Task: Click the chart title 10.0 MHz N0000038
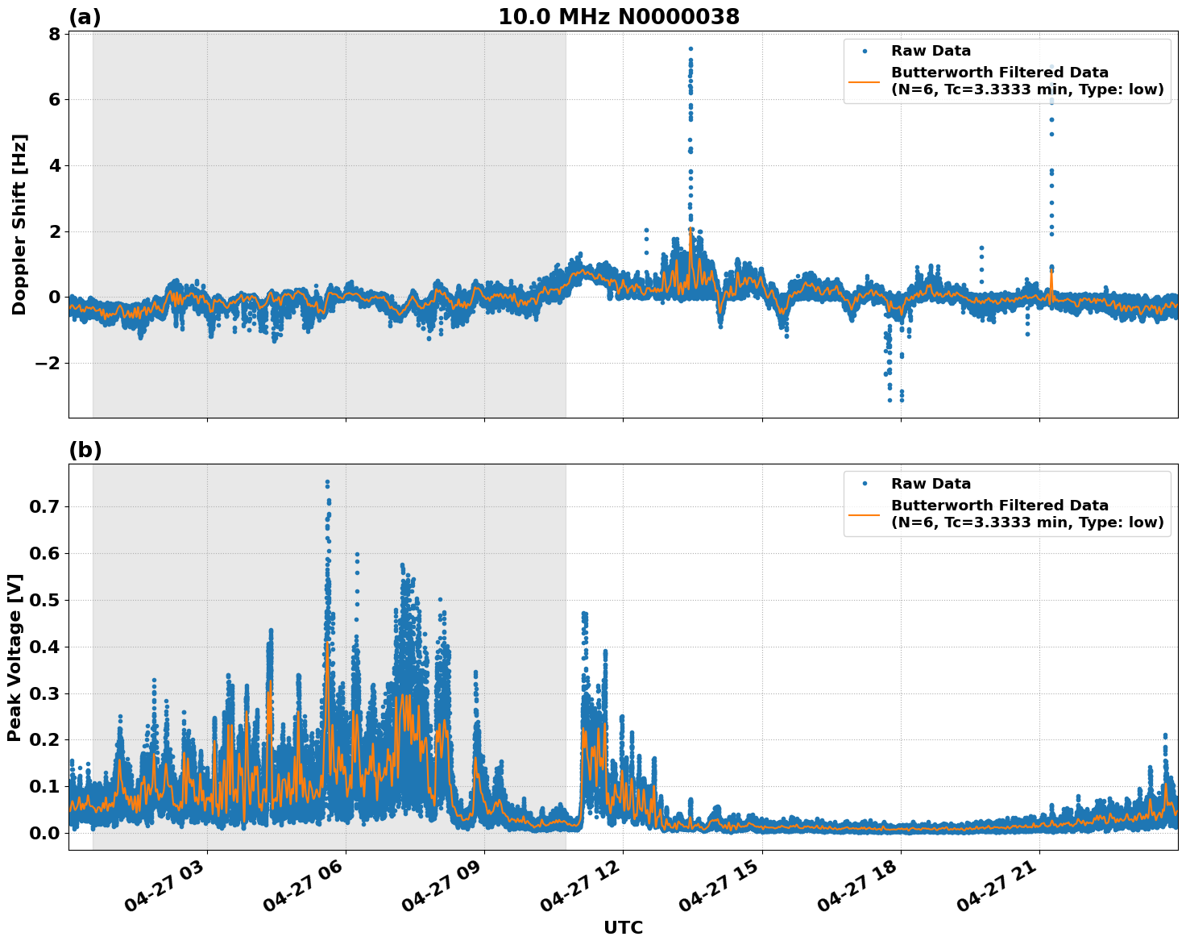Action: [x=618, y=17]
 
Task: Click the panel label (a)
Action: [x=85, y=17]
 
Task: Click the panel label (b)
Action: [x=85, y=450]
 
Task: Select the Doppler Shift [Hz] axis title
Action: [x=19, y=224]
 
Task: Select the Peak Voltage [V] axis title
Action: [x=15, y=657]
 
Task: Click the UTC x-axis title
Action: [x=623, y=928]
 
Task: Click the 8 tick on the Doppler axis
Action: [x=54, y=34]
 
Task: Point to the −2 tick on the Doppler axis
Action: [x=48, y=364]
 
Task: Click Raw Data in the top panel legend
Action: [x=931, y=52]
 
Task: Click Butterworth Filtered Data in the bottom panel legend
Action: [x=999, y=506]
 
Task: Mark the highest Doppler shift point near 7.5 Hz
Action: [x=690, y=48]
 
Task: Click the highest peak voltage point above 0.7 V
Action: [x=327, y=482]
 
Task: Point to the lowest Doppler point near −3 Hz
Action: [x=890, y=400]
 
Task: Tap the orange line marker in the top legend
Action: [x=865, y=81]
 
